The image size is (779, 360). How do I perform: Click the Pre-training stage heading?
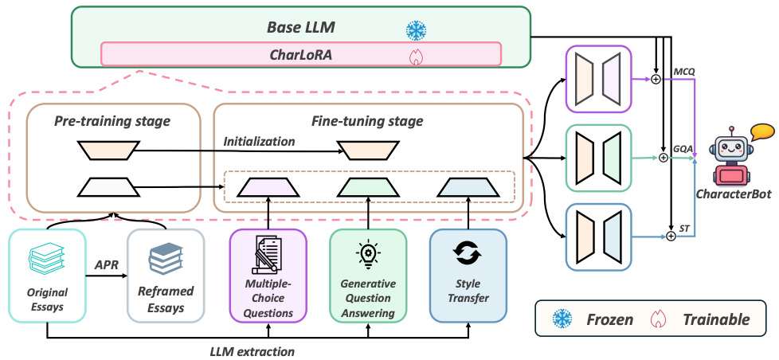click(x=114, y=120)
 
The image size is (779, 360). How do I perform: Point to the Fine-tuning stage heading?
click(x=368, y=120)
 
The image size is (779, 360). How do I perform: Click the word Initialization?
click(x=259, y=142)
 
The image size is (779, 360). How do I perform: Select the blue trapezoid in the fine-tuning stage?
click(x=469, y=187)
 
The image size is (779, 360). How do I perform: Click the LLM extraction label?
click(x=252, y=352)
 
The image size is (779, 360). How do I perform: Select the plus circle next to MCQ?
click(x=656, y=79)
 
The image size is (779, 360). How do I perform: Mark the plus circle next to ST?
click(x=671, y=237)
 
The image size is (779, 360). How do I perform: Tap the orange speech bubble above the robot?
click(x=761, y=132)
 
